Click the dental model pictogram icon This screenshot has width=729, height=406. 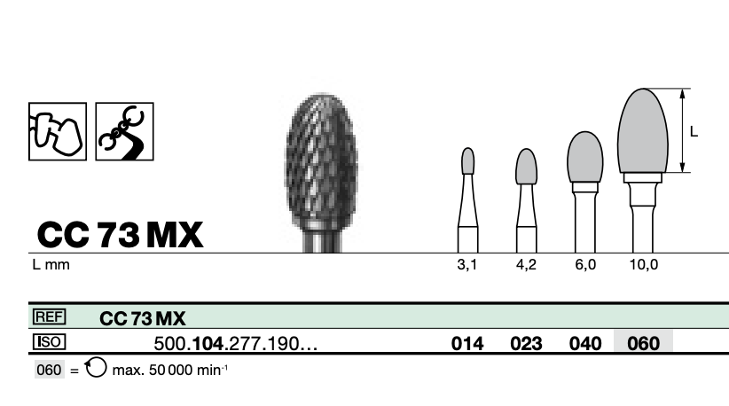[58, 131]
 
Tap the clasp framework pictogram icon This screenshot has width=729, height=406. [124, 131]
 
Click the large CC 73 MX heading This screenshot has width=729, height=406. [120, 235]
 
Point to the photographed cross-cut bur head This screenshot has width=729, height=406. [321, 160]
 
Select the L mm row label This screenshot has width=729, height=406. [51, 265]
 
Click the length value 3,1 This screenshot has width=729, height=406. [467, 265]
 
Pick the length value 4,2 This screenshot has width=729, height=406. [526, 265]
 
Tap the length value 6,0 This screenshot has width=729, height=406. [585, 265]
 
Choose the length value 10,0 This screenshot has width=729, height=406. [644, 265]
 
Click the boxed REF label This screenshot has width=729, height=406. [50, 316]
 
